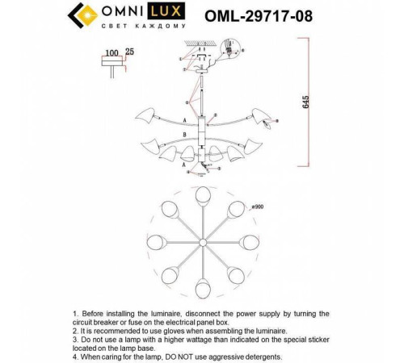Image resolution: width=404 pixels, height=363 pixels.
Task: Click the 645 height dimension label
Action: coord(305,101)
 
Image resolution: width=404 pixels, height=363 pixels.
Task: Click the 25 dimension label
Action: coord(131,52)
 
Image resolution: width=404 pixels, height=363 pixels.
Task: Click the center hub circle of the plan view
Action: coord(202,244)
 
